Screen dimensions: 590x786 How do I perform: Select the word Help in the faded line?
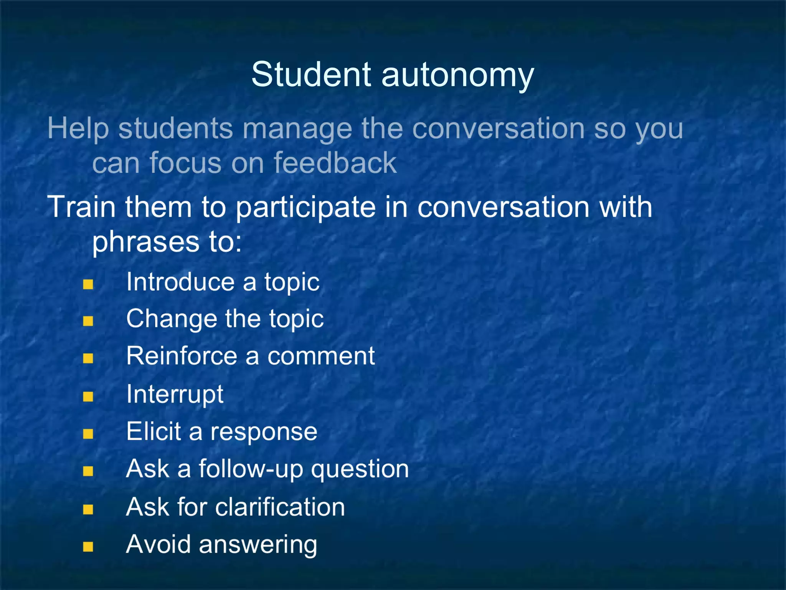tap(78, 129)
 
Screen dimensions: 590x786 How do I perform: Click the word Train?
tap(81, 207)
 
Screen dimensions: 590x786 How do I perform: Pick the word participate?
tap(305, 208)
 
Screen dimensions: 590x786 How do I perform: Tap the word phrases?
tap(145, 242)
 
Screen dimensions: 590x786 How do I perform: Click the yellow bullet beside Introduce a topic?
tap(88, 284)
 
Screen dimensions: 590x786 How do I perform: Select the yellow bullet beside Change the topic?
tap(88, 321)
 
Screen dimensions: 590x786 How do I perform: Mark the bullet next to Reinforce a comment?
tap(88, 358)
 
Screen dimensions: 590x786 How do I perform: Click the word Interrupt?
tap(175, 394)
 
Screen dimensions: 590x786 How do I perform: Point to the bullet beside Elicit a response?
tap(88, 434)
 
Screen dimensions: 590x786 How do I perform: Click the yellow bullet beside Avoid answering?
tap(88, 546)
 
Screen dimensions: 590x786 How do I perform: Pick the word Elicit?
tap(154, 431)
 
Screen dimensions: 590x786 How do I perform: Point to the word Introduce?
tap(180, 282)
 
